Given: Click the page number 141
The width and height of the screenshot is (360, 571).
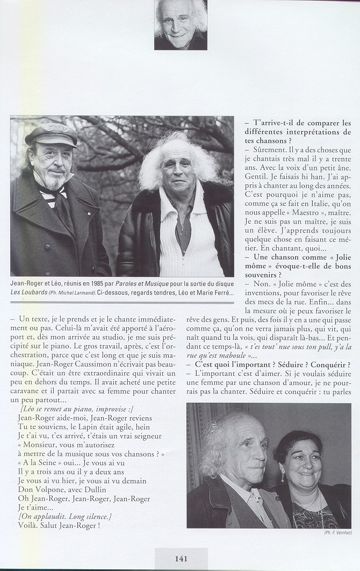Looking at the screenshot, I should click(x=181, y=559).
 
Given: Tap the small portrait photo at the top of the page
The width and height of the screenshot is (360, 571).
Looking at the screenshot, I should click(x=181, y=25).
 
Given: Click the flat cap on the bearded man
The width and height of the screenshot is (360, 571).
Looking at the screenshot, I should click(x=52, y=134).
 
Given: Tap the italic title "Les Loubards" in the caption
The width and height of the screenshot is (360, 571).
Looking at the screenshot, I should click(x=27, y=293).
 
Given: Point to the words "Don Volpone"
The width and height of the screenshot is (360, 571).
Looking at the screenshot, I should click(x=41, y=490).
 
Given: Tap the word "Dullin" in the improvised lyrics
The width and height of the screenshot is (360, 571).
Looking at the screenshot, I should click(x=98, y=490).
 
